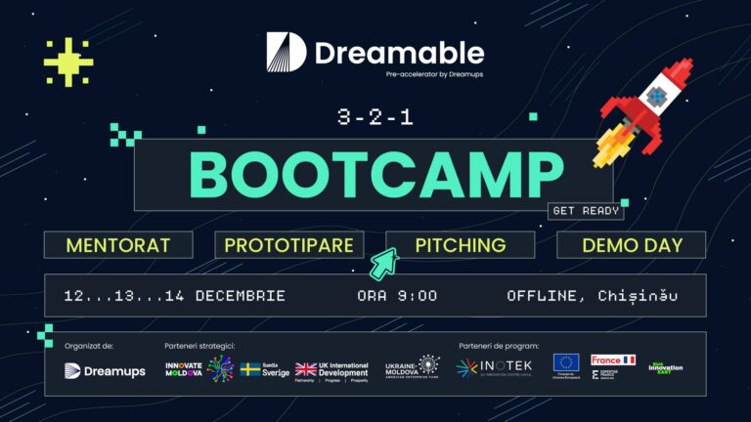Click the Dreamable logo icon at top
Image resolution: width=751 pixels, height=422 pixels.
tap(286, 52)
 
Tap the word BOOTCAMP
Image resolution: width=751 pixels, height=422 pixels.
tap(375, 175)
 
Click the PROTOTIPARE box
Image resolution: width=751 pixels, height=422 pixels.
tap(289, 245)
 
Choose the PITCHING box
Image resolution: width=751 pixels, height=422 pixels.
tap(460, 245)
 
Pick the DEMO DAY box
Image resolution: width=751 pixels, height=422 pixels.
tap(631, 245)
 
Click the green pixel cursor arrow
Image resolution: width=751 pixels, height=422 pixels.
tap(383, 263)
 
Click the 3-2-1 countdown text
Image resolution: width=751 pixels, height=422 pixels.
tap(375, 118)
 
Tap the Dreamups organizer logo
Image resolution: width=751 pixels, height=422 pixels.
tap(105, 370)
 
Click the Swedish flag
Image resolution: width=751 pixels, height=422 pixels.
tap(250, 369)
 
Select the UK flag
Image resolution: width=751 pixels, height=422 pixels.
tap(306, 369)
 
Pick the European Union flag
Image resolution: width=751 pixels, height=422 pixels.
tap(565, 363)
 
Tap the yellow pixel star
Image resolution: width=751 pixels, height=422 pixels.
tap(68, 62)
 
